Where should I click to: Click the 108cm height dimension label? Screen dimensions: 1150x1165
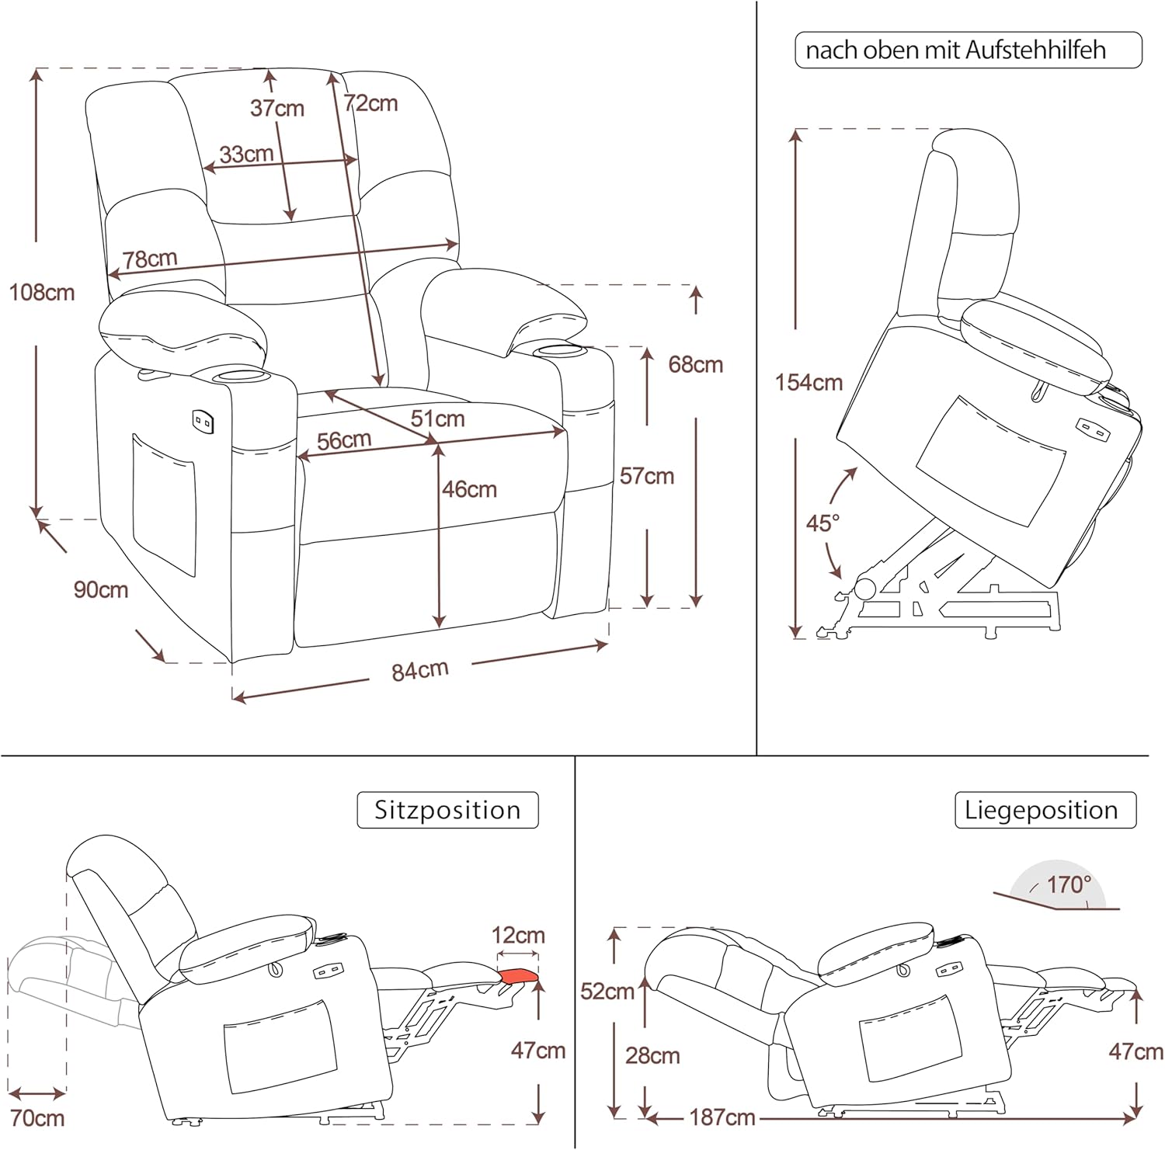click(x=42, y=293)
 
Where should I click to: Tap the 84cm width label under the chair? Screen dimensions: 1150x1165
click(x=419, y=670)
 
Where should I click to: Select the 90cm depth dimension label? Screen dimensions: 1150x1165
click(x=101, y=590)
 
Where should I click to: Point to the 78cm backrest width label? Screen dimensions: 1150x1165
click(x=150, y=259)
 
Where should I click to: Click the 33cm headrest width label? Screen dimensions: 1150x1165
click(x=246, y=154)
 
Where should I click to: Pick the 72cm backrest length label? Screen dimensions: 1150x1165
click(x=371, y=103)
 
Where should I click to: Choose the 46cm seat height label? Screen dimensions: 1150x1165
click(x=469, y=489)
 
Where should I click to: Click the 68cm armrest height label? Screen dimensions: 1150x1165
click(x=695, y=364)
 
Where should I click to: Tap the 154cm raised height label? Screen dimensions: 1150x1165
click(x=809, y=383)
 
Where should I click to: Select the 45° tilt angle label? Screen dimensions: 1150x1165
click(x=822, y=523)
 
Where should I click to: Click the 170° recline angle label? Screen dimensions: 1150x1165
click(x=1069, y=884)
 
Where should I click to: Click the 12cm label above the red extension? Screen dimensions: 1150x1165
click(x=518, y=935)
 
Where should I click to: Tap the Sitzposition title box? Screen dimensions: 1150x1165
click(x=447, y=810)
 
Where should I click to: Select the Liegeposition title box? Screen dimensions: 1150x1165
click(x=1041, y=810)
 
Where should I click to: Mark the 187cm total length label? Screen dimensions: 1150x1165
click(x=722, y=1117)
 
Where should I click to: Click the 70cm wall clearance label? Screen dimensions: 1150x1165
click(x=37, y=1118)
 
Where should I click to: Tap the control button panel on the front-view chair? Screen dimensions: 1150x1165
click(x=203, y=421)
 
